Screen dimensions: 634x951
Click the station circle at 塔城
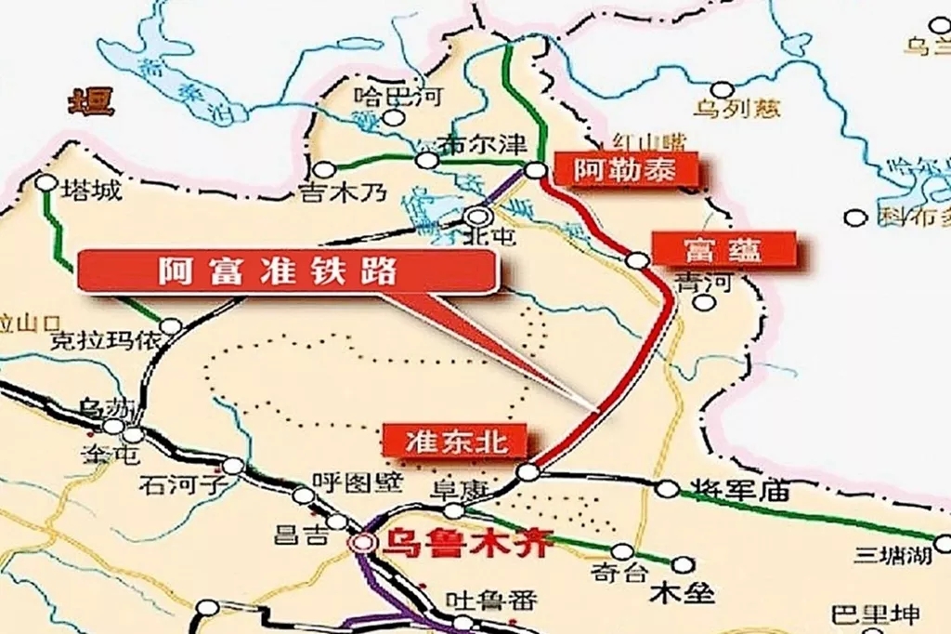[46, 182]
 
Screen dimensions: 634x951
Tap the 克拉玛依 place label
[105, 341]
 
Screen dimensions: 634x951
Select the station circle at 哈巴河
[397, 118]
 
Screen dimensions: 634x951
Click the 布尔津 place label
[484, 146]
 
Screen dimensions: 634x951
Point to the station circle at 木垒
[683, 563]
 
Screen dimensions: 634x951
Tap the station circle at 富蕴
[636, 260]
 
